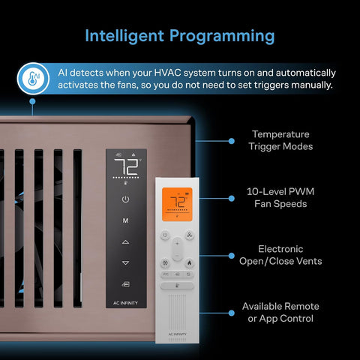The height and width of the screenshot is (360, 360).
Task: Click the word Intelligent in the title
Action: [x=124, y=36]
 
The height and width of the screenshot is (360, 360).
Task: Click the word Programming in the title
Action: [x=222, y=37]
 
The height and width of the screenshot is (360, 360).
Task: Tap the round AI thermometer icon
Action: [x=33, y=79]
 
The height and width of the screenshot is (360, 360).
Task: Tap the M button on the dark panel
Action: [x=125, y=220]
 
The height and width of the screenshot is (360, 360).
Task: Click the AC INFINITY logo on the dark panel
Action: [x=125, y=303]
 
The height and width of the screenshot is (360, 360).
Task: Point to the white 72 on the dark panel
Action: [x=126, y=166]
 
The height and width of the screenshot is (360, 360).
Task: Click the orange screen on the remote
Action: [x=177, y=204]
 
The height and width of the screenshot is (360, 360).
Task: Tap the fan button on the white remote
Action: [x=189, y=235]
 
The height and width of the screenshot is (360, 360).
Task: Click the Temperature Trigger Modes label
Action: [x=280, y=140]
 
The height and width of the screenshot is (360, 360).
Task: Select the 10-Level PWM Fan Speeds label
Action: [x=280, y=197]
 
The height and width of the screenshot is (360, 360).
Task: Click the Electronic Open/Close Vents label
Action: [x=280, y=255]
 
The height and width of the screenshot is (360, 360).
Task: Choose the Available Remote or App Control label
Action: [x=280, y=312]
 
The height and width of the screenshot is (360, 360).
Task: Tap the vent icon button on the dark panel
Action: [x=125, y=284]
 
